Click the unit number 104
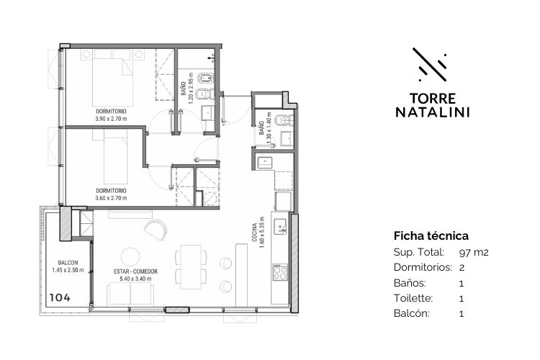point(60,297)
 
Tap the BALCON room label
point(68,263)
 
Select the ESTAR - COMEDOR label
point(135,271)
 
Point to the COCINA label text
point(254,232)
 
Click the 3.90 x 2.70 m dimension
point(111,119)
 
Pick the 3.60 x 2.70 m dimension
point(111,198)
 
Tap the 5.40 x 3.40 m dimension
point(135,279)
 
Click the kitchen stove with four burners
point(280,273)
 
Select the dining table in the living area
point(191,267)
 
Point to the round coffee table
point(130,257)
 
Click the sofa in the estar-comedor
point(130,294)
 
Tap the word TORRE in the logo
point(433,99)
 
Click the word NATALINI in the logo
point(433,112)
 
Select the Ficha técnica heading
point(431,236)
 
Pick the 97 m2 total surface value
point(474,253)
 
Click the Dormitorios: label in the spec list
point(423,267)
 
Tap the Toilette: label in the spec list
point(413,298)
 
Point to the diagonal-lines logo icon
point(430,64)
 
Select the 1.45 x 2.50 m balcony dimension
point(68,270)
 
